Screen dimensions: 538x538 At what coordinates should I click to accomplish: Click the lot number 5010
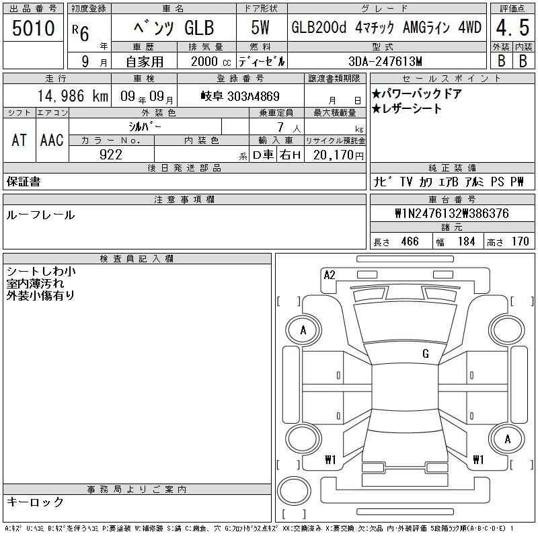(x=33, y=28)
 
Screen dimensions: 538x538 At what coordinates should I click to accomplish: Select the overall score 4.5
(x=512, y=28)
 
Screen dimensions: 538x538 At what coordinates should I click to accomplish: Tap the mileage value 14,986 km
(x=73, y=96)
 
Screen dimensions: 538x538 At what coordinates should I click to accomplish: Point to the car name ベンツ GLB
(x=174, y=28)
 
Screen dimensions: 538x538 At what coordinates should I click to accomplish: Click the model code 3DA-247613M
(x=385, y=61)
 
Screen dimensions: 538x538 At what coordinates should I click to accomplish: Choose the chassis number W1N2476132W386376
(x=452, y=213)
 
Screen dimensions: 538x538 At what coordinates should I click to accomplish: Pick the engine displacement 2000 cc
(x=210, y=62)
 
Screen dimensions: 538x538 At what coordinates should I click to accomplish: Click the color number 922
(x=111, y=155)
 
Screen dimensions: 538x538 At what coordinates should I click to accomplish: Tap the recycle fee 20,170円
(x=338, y=155)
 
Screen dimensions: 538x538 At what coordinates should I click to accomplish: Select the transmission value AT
(x=20, y=141)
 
